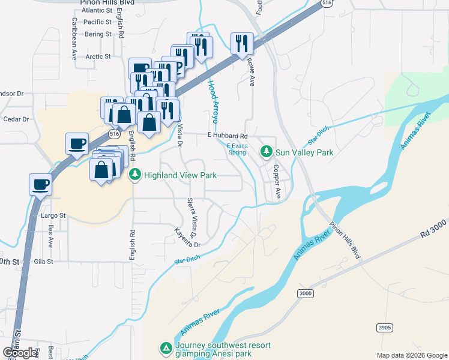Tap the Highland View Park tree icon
[135, 175]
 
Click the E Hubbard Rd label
[228, 136]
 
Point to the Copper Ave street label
[277, 182]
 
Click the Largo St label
[53, 215]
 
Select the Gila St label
[44, 262]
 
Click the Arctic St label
[98, 57]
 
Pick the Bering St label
[98, 34]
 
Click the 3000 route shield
[306, 293]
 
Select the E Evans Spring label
[237, 149]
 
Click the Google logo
[20, 352]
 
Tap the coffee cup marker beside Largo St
[41, 185]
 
